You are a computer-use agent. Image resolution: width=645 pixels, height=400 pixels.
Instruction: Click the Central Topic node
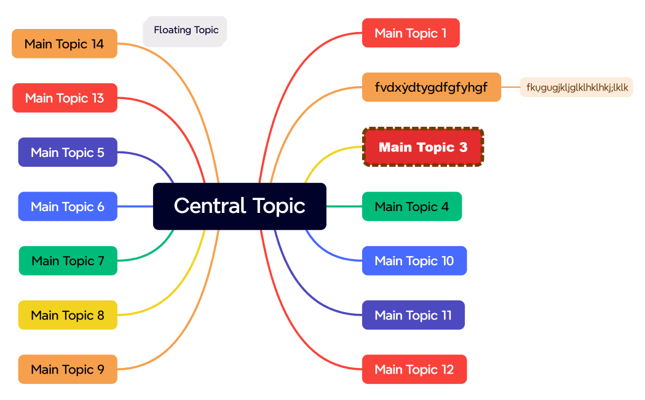[239, 206]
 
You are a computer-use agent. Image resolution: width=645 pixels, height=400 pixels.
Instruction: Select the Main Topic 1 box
[411, 33]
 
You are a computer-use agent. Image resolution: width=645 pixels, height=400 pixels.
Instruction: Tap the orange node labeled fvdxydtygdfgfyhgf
[431, 87]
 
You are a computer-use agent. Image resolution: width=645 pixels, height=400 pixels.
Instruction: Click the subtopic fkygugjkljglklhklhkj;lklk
[576, 87]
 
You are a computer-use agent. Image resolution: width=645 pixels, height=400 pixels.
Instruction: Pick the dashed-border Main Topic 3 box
[423, 147]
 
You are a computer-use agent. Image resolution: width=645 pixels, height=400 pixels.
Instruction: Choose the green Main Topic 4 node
[411, 207]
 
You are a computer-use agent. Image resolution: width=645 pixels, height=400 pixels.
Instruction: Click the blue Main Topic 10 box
[414, 261]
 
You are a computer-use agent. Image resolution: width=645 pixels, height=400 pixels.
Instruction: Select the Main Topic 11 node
[413, 315]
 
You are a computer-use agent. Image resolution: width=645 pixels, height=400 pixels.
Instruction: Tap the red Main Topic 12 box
[414, 369]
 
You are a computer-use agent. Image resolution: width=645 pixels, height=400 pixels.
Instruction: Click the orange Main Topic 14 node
[65, 44]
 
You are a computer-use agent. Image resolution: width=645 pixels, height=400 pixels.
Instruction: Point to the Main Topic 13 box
[65, 98]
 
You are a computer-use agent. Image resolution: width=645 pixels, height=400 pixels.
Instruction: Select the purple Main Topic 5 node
[68, 152]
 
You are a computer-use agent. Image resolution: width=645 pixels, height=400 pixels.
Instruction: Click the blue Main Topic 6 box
[68, 207]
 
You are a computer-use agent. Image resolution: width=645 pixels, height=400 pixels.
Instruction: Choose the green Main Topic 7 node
[68, 261]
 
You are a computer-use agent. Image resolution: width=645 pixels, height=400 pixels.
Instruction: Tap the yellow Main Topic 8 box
[68, 315]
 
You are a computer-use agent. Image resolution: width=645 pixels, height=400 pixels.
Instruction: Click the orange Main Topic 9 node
[68, 369]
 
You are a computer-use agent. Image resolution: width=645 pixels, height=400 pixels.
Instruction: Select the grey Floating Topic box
[185, 31]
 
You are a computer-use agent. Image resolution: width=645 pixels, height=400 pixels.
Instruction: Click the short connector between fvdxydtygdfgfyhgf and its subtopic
[510, 87]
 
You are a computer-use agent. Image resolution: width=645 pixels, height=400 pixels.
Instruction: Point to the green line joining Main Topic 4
[344, 207]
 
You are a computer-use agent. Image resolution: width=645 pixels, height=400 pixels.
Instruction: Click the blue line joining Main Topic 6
[135, 207]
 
